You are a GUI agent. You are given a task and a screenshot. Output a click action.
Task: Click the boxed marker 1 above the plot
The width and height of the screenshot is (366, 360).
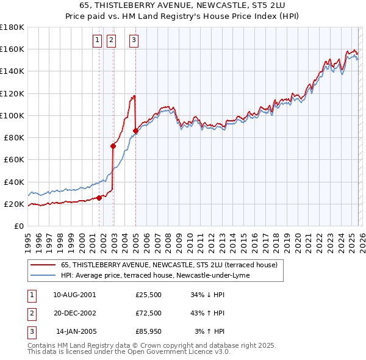(x=97, y=41)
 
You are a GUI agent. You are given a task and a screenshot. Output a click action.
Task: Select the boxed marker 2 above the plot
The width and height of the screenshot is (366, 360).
(x=112, y=41)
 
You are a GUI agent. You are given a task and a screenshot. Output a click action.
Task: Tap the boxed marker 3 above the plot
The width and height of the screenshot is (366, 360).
(x=134, y=41)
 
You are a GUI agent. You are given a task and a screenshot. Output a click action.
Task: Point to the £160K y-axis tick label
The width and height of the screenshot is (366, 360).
(x=12, y=49)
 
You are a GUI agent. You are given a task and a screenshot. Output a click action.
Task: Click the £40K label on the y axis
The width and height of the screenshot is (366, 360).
(x=14, y=182)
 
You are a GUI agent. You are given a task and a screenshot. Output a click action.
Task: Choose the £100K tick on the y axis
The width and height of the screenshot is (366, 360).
(x=12, y=115)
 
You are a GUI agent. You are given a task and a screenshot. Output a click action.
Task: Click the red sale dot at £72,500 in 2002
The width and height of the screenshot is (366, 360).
(x=113, y=146)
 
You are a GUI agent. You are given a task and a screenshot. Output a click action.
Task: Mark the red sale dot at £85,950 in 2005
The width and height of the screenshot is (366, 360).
(x=135, y=131)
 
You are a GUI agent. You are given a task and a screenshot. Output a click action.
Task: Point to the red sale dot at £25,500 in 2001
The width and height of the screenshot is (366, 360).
(x=99, y=198)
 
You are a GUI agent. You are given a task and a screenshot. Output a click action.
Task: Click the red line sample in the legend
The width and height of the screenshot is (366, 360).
(x=43, y=265)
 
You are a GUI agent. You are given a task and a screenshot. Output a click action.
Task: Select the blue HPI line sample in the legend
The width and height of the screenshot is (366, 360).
(x=43, y=275)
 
